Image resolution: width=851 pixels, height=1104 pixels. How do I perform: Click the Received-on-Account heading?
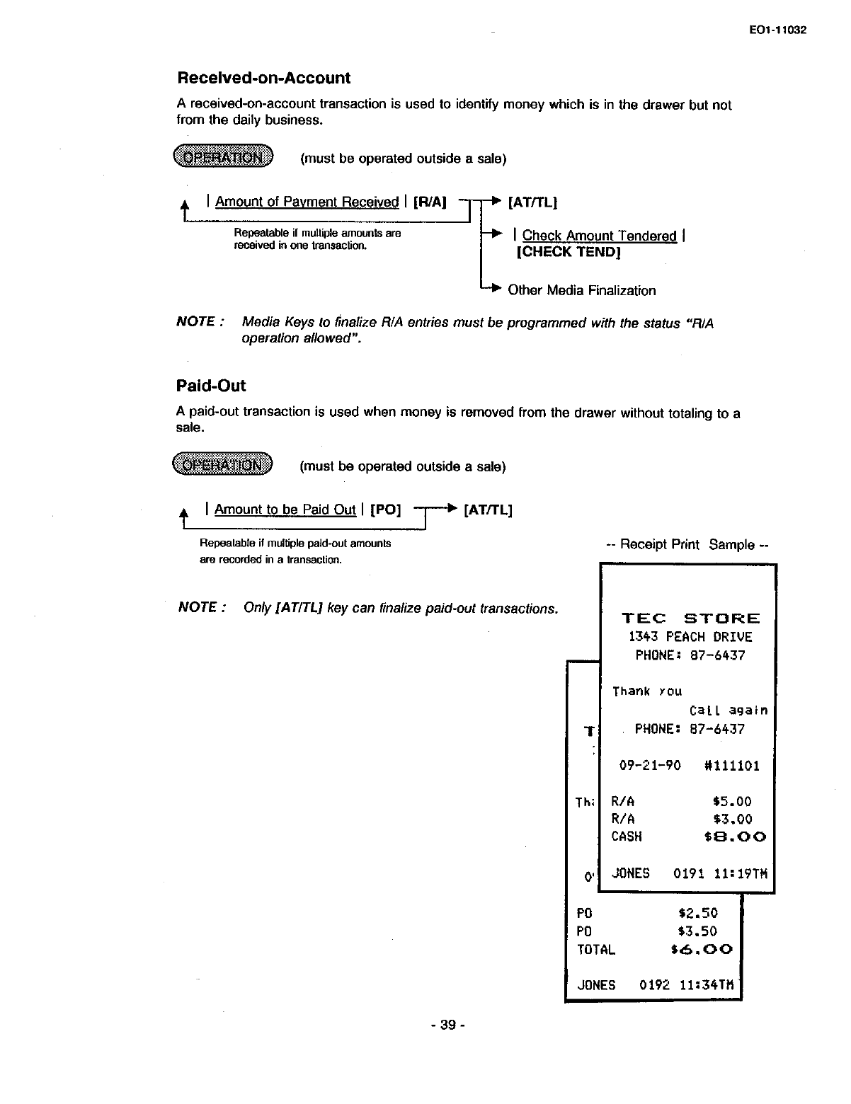click(263, 78)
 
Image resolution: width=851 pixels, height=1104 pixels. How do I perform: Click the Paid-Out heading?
click(211, 386)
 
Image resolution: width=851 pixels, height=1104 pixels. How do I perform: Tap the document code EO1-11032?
click(776, 30)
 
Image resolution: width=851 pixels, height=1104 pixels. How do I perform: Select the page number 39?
click(447, 1025)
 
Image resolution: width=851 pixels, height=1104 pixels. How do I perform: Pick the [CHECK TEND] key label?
click(569, 252)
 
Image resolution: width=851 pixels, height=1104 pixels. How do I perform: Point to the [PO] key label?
click(385, 510)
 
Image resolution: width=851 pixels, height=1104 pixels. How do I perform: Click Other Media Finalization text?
click(582, 290)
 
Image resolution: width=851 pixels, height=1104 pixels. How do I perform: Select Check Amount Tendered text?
click(599, 236)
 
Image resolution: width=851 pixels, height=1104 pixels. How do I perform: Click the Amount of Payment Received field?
click(307, 202)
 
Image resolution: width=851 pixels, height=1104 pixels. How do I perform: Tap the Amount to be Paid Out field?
click(285, 510)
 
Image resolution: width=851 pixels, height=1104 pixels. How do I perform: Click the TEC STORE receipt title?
click(690, 618)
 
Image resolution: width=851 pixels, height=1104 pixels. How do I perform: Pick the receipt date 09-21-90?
click(650, 766)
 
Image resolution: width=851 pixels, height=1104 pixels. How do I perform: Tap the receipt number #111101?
click(732, 766)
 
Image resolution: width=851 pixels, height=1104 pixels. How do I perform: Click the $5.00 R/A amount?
click(732, 802)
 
